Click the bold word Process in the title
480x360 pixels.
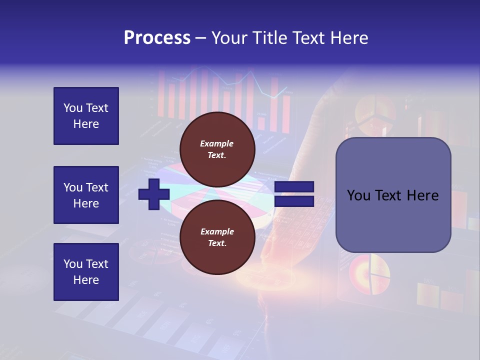[157, 38]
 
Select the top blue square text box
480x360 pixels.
[86, 116]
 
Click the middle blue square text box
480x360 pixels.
[86, 195]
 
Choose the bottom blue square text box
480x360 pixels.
[86, 272]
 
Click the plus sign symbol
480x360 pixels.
[154, 194]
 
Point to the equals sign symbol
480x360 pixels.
[294, 194]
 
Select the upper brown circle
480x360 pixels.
[217, 149]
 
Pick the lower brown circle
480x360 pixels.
[217, 237]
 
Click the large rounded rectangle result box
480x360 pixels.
[393, 195]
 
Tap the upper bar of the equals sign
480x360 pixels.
[294, 187]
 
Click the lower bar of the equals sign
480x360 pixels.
[294, 201]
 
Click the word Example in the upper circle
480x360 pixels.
[217, 143]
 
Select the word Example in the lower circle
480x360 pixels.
[217, 231]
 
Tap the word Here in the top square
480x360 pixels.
[86, 124]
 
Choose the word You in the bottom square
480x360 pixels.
[72, 264]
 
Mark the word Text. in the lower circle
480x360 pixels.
[217, 243]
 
